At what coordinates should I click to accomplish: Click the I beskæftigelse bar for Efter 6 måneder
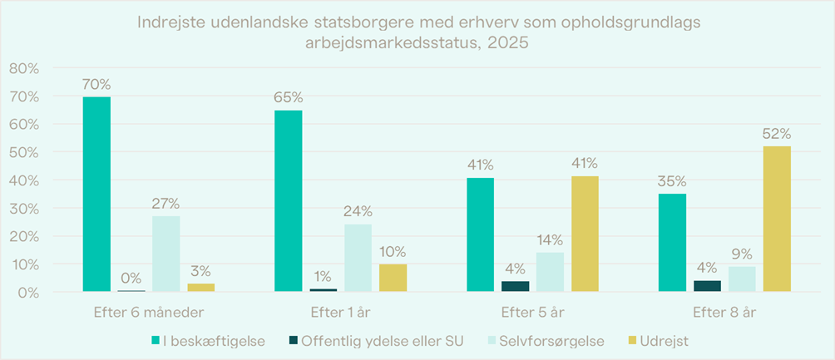(x=96, y=195)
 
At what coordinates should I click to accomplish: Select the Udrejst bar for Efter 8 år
(x=778, y=219)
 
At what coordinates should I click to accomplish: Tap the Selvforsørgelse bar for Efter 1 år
(x=358, y=258)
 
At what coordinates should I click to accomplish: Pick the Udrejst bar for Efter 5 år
(x=585, y=234)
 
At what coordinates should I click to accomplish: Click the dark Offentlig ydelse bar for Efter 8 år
(x=707, y=286)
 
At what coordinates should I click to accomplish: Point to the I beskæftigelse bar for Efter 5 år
(x=480, y=234)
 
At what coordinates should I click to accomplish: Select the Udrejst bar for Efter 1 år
(x=393, y=278)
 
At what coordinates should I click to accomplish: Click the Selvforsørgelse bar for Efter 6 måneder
(x=166, y=254)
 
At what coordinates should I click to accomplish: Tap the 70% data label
(x=96, y=85)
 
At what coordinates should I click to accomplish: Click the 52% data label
(x=778, y=134)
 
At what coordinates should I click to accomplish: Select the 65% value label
(x=289, y=98)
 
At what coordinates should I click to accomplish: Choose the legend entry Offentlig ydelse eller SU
(x=374, y=341)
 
